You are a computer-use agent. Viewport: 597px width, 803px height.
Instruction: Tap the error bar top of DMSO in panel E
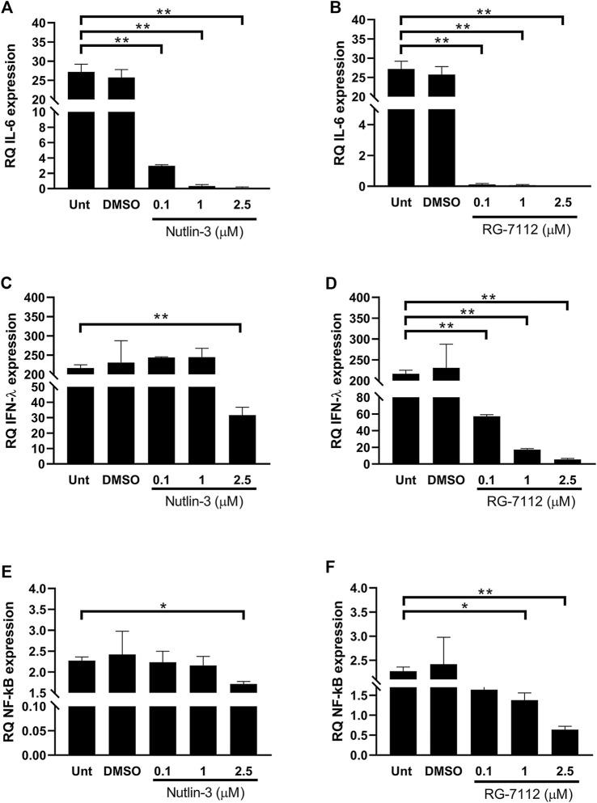(120, 632)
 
